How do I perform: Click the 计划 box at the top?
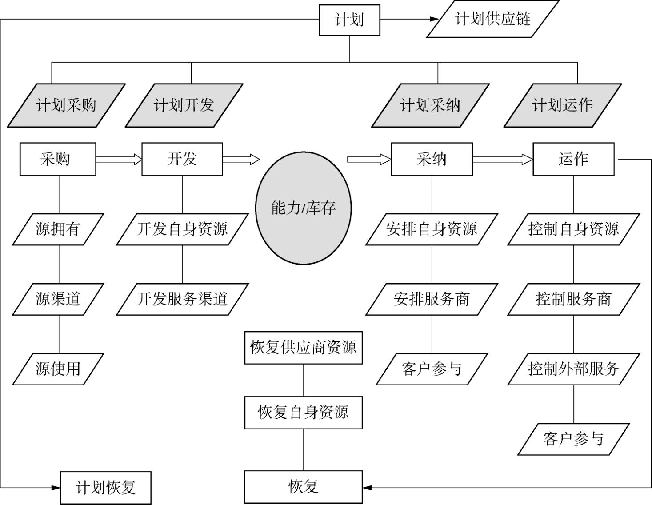coord(349,20)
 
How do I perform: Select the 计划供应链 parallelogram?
coord(492,19)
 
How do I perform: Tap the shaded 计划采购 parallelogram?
coord(66,105)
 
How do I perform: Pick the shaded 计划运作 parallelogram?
coord(562,105)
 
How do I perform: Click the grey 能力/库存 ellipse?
coord(304,208)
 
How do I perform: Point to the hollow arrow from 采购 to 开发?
coord(118,159)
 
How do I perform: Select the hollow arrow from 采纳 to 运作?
coord(502,159)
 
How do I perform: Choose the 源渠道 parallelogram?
coord(58,299)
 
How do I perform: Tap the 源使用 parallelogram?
coord(58,369)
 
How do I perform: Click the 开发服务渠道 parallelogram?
coord(182,299)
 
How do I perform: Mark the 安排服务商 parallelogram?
coord(432,299)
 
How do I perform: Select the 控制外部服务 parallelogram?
coord(573,369)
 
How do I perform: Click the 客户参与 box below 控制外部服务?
coord(573,439)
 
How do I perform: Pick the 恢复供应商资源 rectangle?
coord(304,347)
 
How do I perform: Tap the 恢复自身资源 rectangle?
coord(304,413)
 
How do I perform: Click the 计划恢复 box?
coord(106,488)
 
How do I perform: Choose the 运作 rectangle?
coord(573,159)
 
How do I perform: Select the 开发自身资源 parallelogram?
coord(182,229)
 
